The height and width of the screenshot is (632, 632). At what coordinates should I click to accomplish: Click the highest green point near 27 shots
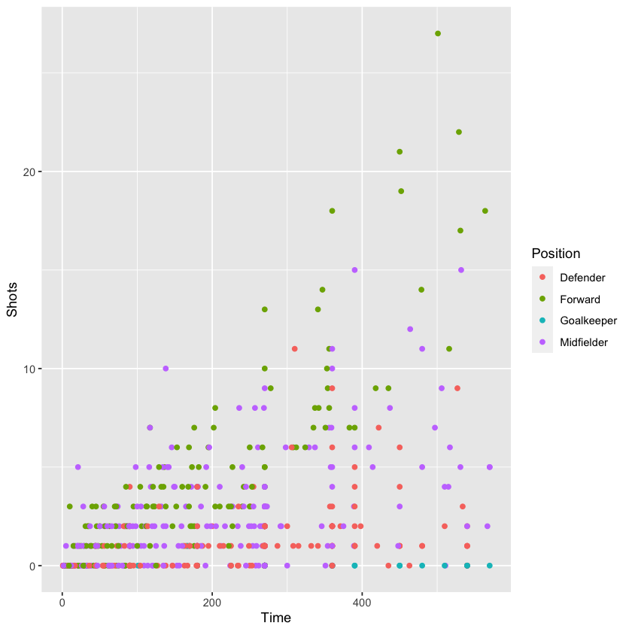[438, 33]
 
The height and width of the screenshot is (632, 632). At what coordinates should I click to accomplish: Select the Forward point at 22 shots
[458, 132]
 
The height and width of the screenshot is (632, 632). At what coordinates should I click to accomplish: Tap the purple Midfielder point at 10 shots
[166, 369]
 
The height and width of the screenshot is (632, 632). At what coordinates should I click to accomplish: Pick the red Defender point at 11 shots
[295, 349]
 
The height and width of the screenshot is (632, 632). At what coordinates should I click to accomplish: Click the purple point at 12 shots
[410, 329]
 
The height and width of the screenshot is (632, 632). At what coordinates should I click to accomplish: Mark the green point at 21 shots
[400, 151]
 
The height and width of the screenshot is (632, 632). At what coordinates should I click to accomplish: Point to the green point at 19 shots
[401, 191]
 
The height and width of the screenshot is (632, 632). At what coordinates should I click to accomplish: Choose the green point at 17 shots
[460, 230]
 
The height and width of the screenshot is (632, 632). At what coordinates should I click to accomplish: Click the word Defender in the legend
[582, 277]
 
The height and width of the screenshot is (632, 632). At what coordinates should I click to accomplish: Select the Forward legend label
[580, 299]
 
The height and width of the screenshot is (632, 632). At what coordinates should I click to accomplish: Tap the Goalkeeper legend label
[588, 321]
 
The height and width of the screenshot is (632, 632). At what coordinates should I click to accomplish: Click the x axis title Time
[275, 618]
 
